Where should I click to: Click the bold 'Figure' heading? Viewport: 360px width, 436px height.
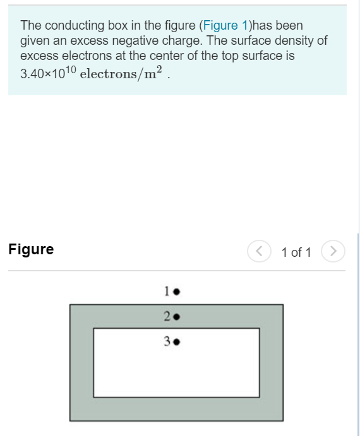point(31,250)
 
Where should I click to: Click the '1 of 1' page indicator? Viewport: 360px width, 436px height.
point(296,252)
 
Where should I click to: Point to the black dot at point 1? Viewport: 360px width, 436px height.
point(177,292)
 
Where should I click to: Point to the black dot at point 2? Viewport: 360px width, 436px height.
point(177,316)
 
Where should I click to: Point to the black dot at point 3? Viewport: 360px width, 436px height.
point(177,343)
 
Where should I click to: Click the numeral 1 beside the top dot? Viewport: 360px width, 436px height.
point(167,292)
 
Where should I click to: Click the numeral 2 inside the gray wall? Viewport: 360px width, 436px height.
point(167,315)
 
